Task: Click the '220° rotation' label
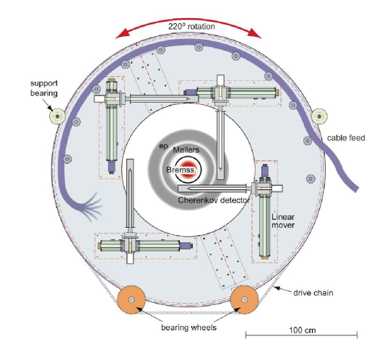(x=191, y=27)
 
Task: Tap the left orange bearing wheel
(x=131, y=299)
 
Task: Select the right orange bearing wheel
(x=245, y=299)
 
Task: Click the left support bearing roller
(x=58, y=116)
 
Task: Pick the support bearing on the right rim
(x=319, y=116)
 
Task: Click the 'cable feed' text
(x=346, y=137)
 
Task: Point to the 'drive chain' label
(x=313, y=293)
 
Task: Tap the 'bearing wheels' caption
(x=188, y=327)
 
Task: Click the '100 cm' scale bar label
(x=303, y=330)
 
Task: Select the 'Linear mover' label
(x=283, y=220)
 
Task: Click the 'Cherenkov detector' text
(x=214, y=200)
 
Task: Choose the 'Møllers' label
(x=186, y=150)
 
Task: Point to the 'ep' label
(x=164, y=147)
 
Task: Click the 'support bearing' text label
(x=44, y=88)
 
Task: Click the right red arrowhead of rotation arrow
(x=255, y=33)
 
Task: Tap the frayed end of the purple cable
(x=92, y=207)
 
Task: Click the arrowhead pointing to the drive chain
(x=276, y=288)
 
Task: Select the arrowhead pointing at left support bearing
(x=50, y=108)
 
